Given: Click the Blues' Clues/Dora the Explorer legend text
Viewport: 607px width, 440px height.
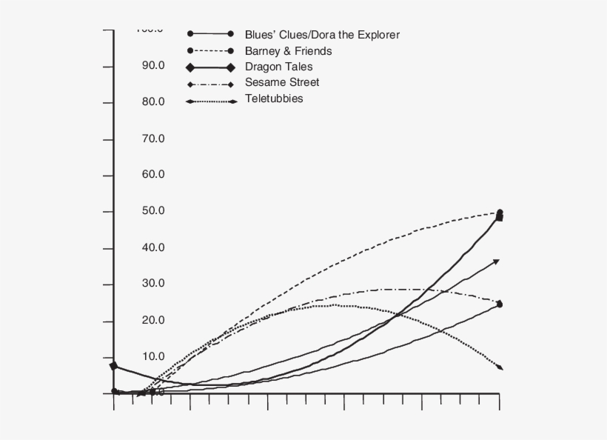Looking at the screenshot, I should click(x=322, y=35).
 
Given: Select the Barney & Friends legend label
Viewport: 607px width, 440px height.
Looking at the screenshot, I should click(x=288, y=51).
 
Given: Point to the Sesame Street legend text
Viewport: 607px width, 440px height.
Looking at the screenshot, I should click(x=282, y=83).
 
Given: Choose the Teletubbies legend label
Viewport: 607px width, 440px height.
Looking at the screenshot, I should click(x=274, y=99).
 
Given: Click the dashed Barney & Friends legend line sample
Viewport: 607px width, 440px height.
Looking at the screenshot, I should click(x=211, y=51).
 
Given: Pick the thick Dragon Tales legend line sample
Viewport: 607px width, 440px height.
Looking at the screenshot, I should click(x=211, y=67).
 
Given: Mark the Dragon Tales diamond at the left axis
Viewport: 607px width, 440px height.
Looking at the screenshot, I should click(x=113, y=366).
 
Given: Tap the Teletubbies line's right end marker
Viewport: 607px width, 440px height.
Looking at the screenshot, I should click(x=500, y=367).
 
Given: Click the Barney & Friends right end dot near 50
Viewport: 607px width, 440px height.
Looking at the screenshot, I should click(x=500, y=213).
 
